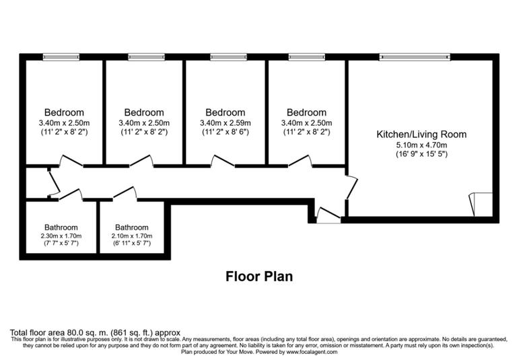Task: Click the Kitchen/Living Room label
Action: [x=421, y=135]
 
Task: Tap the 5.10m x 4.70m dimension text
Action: [x=421, y=145]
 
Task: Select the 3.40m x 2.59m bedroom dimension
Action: [x=225, y=123]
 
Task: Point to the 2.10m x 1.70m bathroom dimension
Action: [x=131, y=236]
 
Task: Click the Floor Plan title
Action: [x=258, y=276]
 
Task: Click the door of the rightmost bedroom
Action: [x=300, y=161]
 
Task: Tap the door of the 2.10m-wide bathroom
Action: [x=125, y=194]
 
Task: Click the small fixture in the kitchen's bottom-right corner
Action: [x=481, y=204]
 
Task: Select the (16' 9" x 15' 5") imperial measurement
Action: [x=421, y=154]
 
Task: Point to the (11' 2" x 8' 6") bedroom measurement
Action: [x=225, y=133]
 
